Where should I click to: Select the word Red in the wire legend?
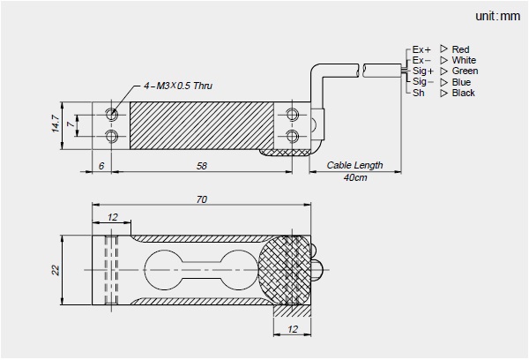pyautogui.click(x=460, y=49)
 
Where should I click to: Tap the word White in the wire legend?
pyautogui.click(x=464, y=60)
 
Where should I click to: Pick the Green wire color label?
pyautogui.click(x=465, y=71)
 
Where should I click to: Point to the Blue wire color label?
pyautogui.click(x=461, y=82)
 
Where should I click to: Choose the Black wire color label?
pyautogui.click(x=463, y=93)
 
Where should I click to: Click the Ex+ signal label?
pyautogui.click(x=422, y=49)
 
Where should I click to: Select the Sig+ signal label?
pyautogui.click(x=423, y=71)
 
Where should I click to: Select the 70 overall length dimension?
pyautogui.click(x=202, y=200)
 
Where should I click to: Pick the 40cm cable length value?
pyautogui.click(x=355, y=177)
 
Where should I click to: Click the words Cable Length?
pyautogui.click(x=354, y=165)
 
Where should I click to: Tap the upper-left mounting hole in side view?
pyautogui.click(x=113, y=115)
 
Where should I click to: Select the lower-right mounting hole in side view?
pyautogui.click(x=293, y=135)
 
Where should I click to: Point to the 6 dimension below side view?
pyautogui.click(x=102, y=166)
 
